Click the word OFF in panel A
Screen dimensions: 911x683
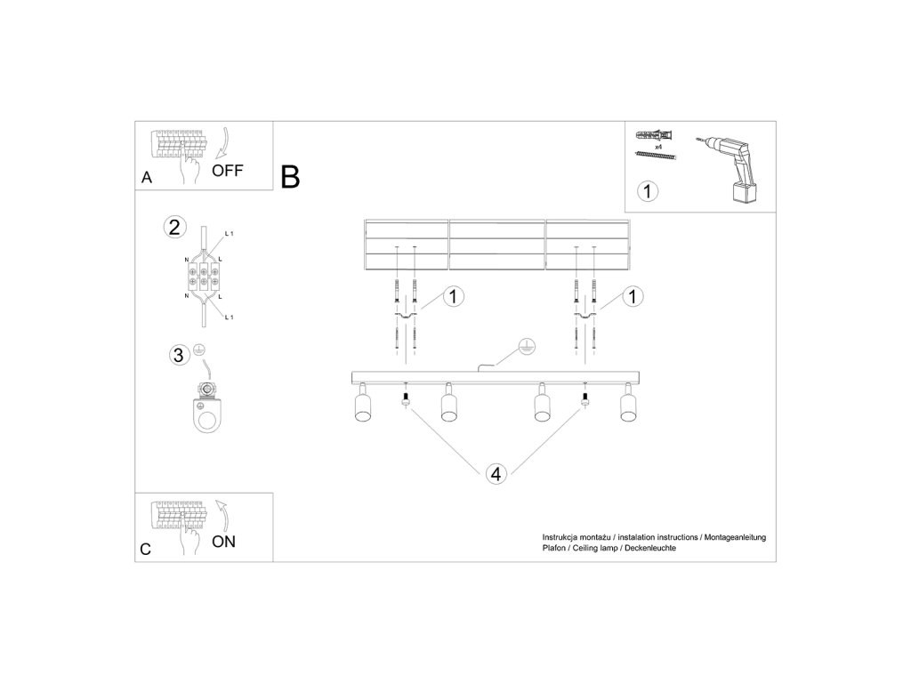click(x=227, y=170)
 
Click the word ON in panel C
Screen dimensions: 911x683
click(x=223, y=542)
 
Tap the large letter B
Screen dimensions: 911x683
click(x=290, y=177)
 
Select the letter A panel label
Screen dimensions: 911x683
click(x=147, y=178)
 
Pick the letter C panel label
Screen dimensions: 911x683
click(x=146, y=550)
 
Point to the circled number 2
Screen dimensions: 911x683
click(x=174, y=227)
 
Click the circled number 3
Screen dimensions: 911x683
click(x=179, y=356)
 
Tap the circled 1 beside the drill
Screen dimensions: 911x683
click(x=649, y=189)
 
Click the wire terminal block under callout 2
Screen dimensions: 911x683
click(x=204, y=273)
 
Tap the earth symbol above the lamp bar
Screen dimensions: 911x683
click(x=526, y=346)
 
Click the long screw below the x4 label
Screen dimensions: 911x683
click(x=657, y=155)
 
